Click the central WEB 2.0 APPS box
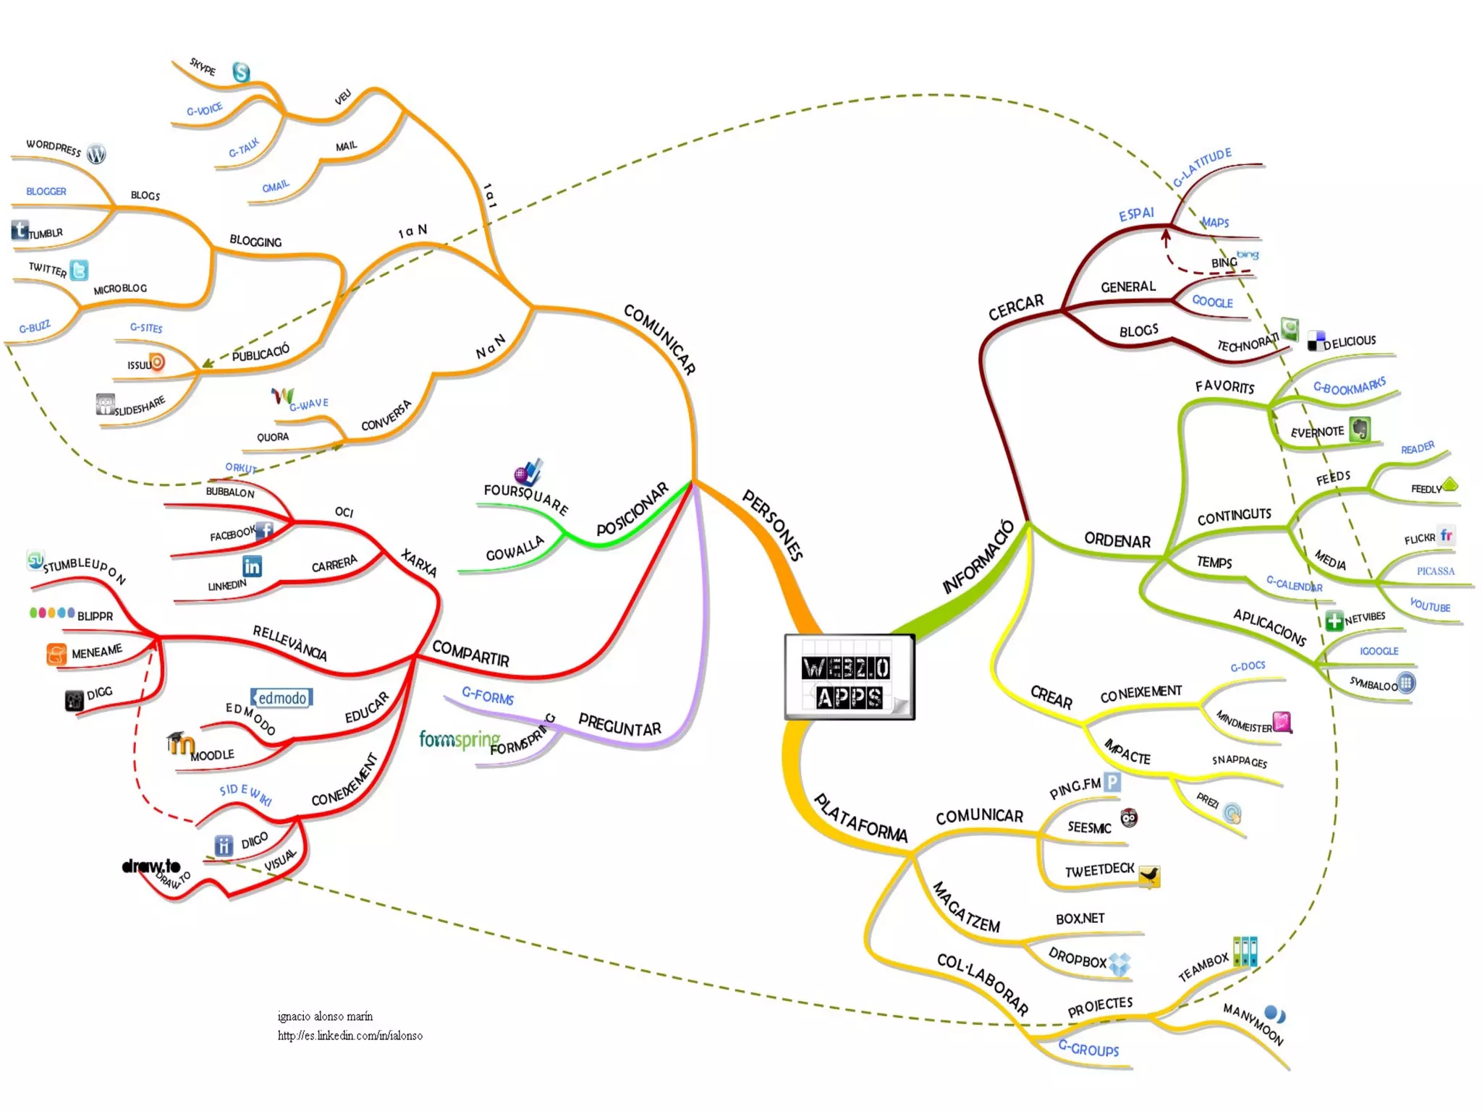click(x=849, y=677)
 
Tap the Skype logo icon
click(x=241, y=72)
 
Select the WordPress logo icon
click(x=96, y=153)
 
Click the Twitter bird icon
click(x=79, y=270)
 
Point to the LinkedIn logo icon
click(x=252, y=566)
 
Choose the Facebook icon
click(x=265, y=530)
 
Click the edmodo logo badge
click(x=281, y=697)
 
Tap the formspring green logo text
click(x=460, y=739)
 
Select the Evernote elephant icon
click(x=1360, y=429)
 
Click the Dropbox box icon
click(x=1119, y=963)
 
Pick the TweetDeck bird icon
click(x=1149, y=877)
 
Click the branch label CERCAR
click(x=1016, y=307)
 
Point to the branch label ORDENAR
click(x=1117, y=540)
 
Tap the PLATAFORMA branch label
click(x=860, y=819)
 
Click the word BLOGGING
click(x=255, y=241)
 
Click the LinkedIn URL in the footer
click(x=350, y=1035)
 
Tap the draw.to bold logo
click(x=151, y=866)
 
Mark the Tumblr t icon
click(x=20, y=230)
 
